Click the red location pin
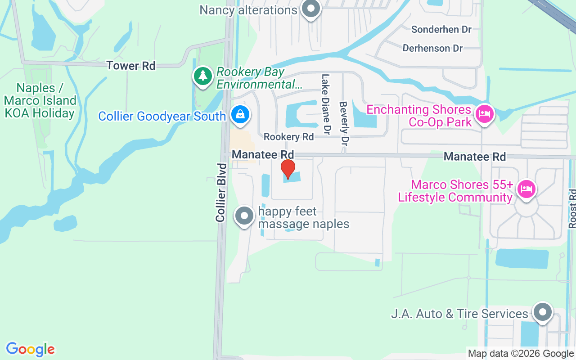[288, 169]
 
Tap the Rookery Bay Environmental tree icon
[203, 76]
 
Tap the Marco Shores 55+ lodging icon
[526, 189]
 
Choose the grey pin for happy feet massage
[244, 216]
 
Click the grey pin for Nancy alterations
[310, 9]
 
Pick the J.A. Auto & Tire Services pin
[542, 312]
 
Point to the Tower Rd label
[131, 66]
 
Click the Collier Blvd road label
[220, 192]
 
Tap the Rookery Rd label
[288, 136]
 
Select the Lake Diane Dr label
[326, 104]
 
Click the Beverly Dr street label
[344, 123]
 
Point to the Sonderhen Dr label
[441, 30]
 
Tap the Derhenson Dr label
[432, 48]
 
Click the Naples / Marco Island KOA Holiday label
[40, 100]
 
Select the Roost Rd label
[572, 208]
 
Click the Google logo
[30, 349]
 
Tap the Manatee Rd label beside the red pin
[263, 155]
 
